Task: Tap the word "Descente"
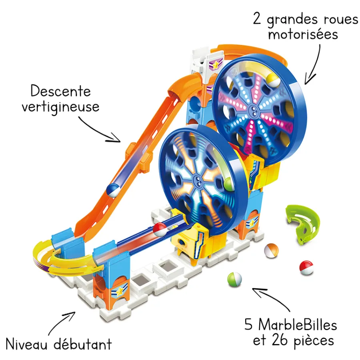tap(60, 91)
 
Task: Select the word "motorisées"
tap(303, 34)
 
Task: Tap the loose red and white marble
tap(306, 267)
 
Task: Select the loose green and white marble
tap(234, 278)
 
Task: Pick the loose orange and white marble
tap(271, 250)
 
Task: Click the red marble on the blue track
tap(160, 230)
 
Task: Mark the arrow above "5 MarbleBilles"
tap(272, 298)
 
